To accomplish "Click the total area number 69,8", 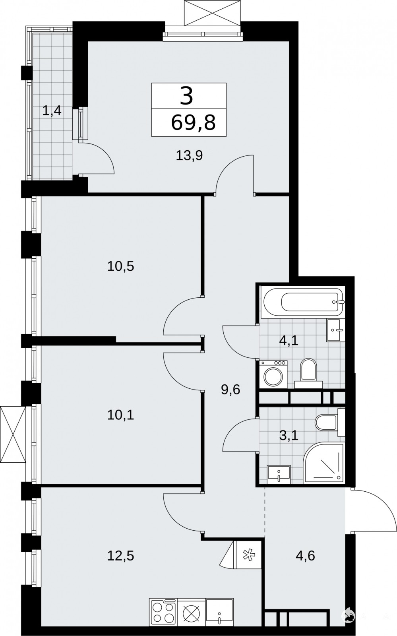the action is click(x=194, y=123).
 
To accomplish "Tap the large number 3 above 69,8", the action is click(x=186, y=96).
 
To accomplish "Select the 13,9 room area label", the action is click(x=189, y=155).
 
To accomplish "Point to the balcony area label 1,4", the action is click(x=52, y=110).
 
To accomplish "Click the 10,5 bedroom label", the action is click(x=120, y=267).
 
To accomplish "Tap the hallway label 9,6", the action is click(x=230, y=390).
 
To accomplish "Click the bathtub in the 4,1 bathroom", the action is click(x=304, y=302).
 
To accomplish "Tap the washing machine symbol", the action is click(x=273, y=374).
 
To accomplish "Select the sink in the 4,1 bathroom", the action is click(x=336, y=330).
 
